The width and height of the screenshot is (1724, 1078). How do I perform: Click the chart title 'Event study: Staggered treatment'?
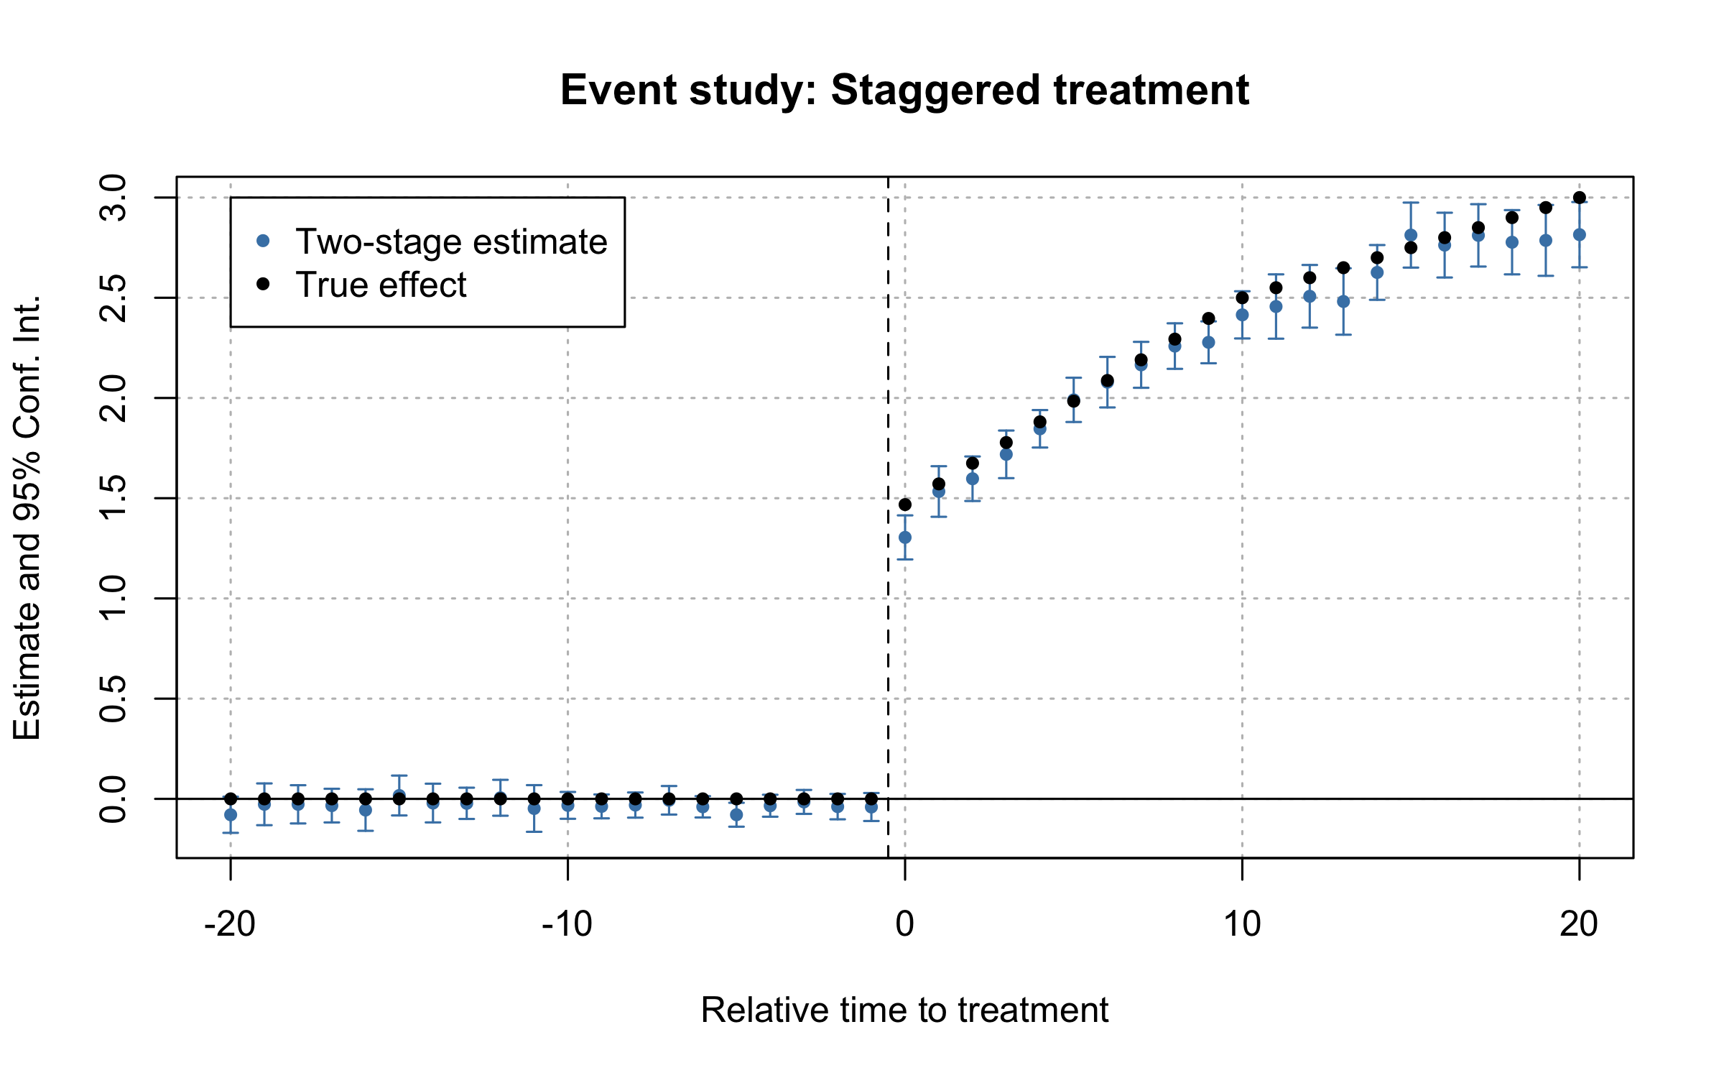(x=904, y=91)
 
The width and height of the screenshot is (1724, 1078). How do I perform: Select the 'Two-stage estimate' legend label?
(x=451, y=242)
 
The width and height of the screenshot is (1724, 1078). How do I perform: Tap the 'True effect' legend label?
(x=381, y=285)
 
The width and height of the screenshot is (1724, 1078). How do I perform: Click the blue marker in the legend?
(x=263, y=241)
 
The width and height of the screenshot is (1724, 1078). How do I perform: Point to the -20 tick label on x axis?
(x=230, y=924)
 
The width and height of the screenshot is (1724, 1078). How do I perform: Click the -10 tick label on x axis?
(x=567, y=924)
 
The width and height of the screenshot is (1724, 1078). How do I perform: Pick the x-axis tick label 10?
(x=1242, y=924)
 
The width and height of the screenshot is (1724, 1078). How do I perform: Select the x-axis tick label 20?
(x=1579, y=924)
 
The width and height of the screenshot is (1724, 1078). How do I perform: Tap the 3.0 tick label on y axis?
(x=113, y=198)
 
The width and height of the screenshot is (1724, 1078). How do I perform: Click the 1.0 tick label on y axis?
(x=113, y=598)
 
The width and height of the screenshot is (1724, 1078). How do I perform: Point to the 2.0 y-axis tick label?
(x=113, y=398)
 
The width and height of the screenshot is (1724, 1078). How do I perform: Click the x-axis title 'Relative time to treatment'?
(x=904, y=1010)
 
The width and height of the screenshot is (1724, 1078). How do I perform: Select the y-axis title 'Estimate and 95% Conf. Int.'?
(x=27, y=517)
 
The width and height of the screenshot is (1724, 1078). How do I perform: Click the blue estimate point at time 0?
(x=905, y=538)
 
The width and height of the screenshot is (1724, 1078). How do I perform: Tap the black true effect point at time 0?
(x=905, y=505)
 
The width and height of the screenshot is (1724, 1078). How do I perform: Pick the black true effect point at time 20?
(x=1580, y=198)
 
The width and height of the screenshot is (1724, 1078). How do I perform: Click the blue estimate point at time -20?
(x=231, y=815)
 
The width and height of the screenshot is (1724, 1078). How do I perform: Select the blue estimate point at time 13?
(x=1343, y=302)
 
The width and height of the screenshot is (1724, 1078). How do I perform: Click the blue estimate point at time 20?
(x=1580, y=235)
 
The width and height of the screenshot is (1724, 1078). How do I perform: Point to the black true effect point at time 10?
(x=1242, y=298)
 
